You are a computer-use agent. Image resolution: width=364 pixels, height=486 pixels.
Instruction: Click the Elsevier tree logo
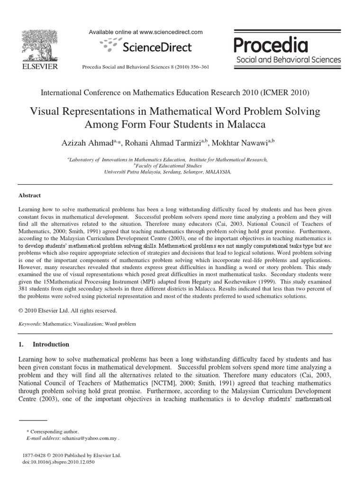(38, 43)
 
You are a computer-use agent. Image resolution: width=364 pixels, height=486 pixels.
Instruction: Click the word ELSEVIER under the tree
(38, 67)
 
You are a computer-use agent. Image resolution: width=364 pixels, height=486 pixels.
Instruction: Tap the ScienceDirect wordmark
(157, 47)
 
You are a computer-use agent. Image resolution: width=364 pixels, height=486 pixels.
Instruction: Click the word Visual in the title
(46, 112)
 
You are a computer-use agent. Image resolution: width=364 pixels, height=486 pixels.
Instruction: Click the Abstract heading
(29, 195)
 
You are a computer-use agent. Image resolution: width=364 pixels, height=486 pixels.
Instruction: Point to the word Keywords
(29, 324)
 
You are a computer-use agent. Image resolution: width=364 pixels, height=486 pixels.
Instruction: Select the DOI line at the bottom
(58, 462)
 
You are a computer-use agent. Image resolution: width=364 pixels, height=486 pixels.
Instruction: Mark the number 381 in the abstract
(24, 288)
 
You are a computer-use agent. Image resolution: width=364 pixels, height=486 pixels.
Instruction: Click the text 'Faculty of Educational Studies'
(168, 166)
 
